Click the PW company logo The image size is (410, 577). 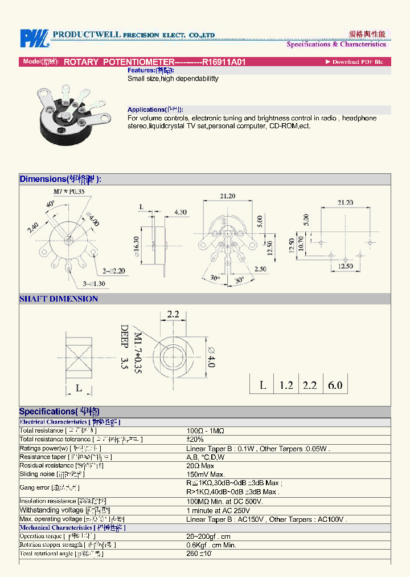point(35,38)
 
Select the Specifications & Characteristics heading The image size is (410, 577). point(336,44)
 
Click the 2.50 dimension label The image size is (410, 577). point(261,269)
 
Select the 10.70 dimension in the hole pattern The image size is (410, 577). point(301,244)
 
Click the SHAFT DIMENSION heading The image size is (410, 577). point(59,299)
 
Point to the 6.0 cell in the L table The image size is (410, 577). point(335,385)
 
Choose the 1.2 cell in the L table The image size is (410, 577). point(286,385)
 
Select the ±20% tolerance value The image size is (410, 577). point(195,440)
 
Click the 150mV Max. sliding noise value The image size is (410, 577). point(206,474)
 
